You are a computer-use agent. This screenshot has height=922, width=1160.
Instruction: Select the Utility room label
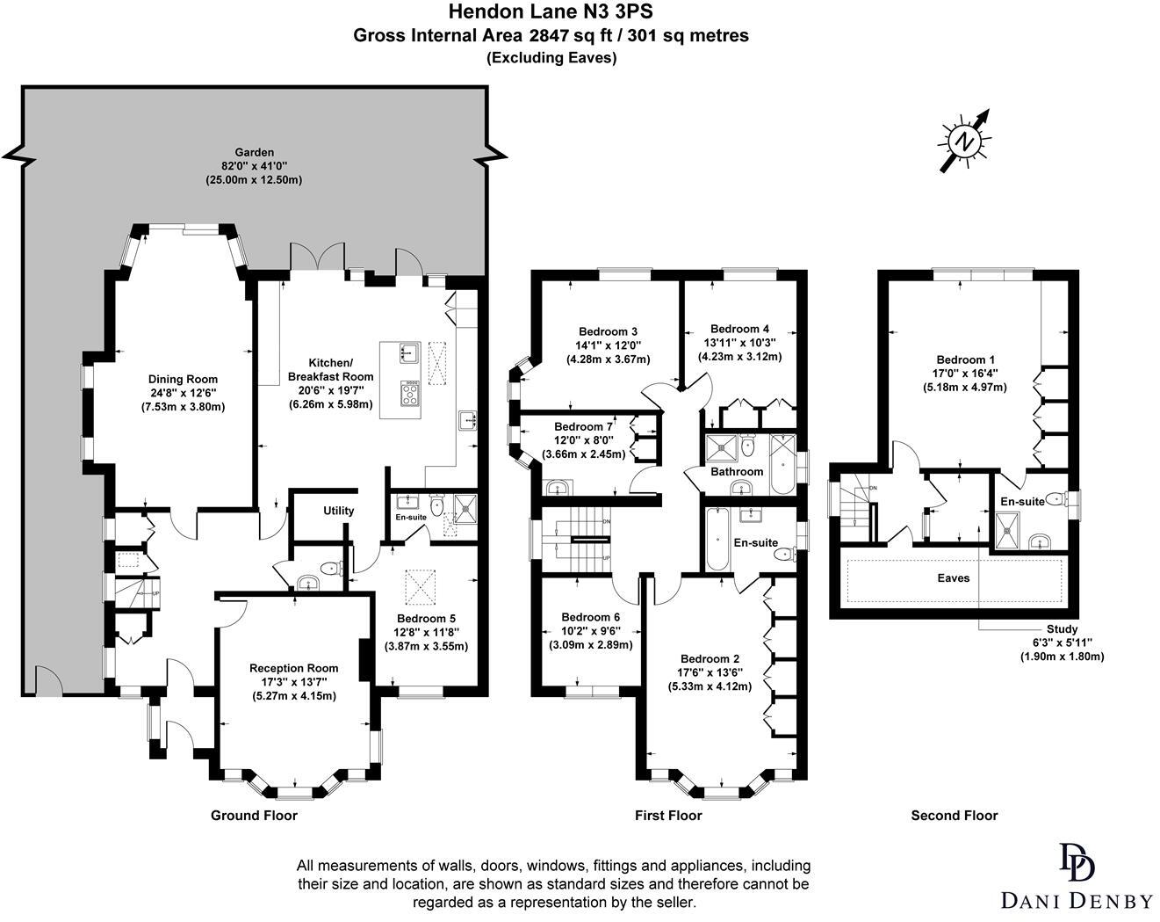[338, 511]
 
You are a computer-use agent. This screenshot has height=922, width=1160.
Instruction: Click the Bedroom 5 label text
[426, 618]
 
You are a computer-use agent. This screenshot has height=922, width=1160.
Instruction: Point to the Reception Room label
[294, 668]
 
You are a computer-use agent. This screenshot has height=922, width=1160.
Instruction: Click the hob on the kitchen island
[411, 393]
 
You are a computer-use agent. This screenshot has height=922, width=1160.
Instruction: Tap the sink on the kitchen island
[410, 352]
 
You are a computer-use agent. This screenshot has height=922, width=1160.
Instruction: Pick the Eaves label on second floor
[953, 578]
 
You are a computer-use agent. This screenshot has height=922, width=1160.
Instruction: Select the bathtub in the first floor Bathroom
[782, 463]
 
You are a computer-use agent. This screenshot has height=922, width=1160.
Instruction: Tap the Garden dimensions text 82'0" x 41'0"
[254, 166]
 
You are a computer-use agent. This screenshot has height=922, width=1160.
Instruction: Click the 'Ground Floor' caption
[254, 815]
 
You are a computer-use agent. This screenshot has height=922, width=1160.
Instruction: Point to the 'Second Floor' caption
[955, 815]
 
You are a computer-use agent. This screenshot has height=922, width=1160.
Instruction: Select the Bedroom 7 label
[583, 427]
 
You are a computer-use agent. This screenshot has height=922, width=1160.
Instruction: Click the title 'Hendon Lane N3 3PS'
[551, 11]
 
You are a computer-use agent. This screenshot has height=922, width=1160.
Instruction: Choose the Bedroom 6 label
[590, 617]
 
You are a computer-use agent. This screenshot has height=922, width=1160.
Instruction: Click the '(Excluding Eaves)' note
[551, 58]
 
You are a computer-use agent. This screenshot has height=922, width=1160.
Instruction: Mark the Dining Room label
[183, 380]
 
